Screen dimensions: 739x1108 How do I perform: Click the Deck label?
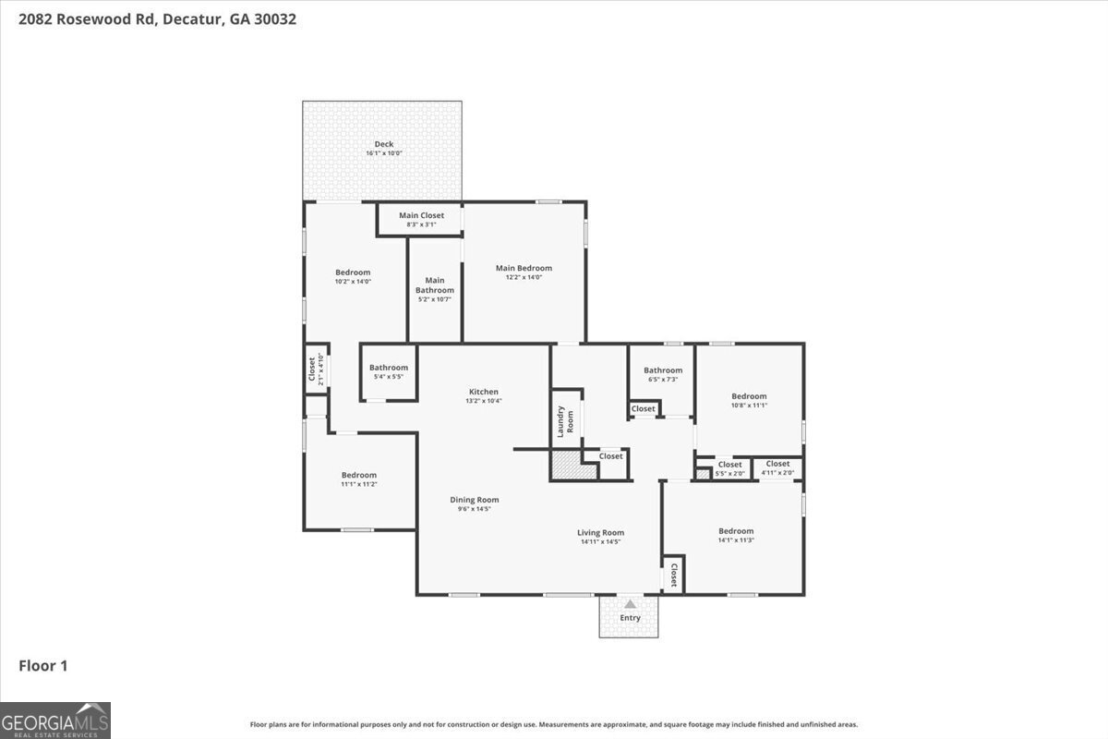point(383,144)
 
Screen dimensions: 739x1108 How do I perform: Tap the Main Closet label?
point(421,215)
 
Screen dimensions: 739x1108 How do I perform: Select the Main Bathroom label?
point(434,285)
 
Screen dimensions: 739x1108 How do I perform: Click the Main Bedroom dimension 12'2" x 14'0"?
point(524,277)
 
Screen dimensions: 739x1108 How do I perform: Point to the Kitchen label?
point(483,392)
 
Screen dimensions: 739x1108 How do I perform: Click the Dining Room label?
point(475,500)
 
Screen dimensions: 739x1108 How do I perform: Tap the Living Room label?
point(600,532)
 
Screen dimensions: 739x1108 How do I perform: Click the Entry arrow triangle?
point(630,604)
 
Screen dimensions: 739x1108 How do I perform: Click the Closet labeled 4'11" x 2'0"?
point(777,467)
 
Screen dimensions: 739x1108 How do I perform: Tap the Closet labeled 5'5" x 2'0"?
point(729,468)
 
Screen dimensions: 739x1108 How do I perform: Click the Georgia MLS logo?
point(55,720)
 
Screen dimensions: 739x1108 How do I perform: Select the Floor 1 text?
point(43,665)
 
